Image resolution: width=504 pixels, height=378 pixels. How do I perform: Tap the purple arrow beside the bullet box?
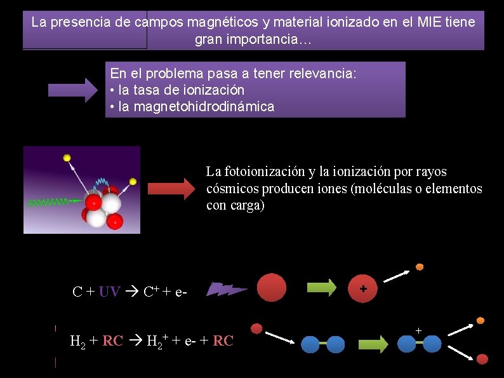(x=70, y=91)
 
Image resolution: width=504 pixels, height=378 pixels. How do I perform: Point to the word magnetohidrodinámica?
(x=197, y=107)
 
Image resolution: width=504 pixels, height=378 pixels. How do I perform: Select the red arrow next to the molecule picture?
(x=172, y=189)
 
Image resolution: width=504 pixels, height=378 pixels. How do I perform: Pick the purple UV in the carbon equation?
(x=109, y=292)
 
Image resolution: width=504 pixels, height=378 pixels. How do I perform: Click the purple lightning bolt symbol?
(x=227, y=289)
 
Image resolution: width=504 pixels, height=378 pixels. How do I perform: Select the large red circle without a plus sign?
(x=272, y=288)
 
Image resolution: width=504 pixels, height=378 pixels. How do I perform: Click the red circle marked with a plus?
(x=363, y=288)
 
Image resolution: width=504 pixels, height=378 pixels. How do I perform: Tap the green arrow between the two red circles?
(x=321, y=288)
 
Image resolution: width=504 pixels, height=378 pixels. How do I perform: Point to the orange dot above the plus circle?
(x=420, y=267)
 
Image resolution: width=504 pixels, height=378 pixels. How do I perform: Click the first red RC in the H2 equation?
(x=113, y=341)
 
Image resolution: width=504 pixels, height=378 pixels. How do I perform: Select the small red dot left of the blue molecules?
(x=256, y=328)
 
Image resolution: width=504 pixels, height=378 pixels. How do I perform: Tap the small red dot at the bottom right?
(x=482, y=359)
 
